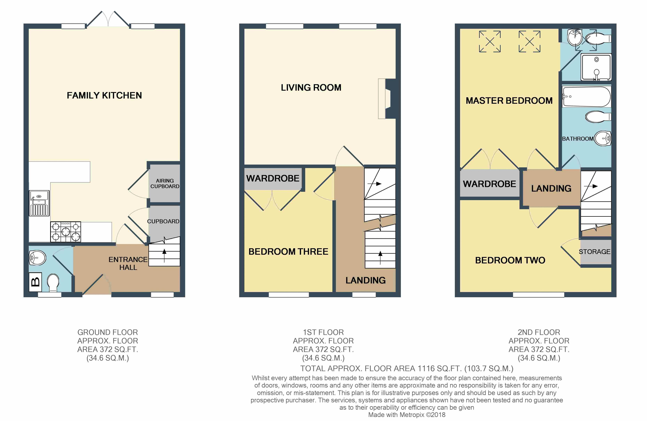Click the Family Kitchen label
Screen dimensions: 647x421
pos(104,96)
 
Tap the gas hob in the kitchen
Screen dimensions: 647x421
pos(66,232)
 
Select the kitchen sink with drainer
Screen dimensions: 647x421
pos(39,203)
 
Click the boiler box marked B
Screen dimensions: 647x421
pos(35,282)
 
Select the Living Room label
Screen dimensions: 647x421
pos(311,88)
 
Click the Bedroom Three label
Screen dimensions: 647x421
pos(288,252)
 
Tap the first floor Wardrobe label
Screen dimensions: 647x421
pos(273,178)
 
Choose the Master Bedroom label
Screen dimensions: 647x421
pos(509,101)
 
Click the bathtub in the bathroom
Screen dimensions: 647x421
pos(586,97)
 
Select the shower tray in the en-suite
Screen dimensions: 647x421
pos(596,67)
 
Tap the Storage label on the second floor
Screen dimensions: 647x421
pos(595,252)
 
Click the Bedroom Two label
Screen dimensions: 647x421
pos(510,260)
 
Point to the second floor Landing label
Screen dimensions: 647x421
pos(551,188)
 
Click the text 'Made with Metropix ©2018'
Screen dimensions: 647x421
pos(407,415)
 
